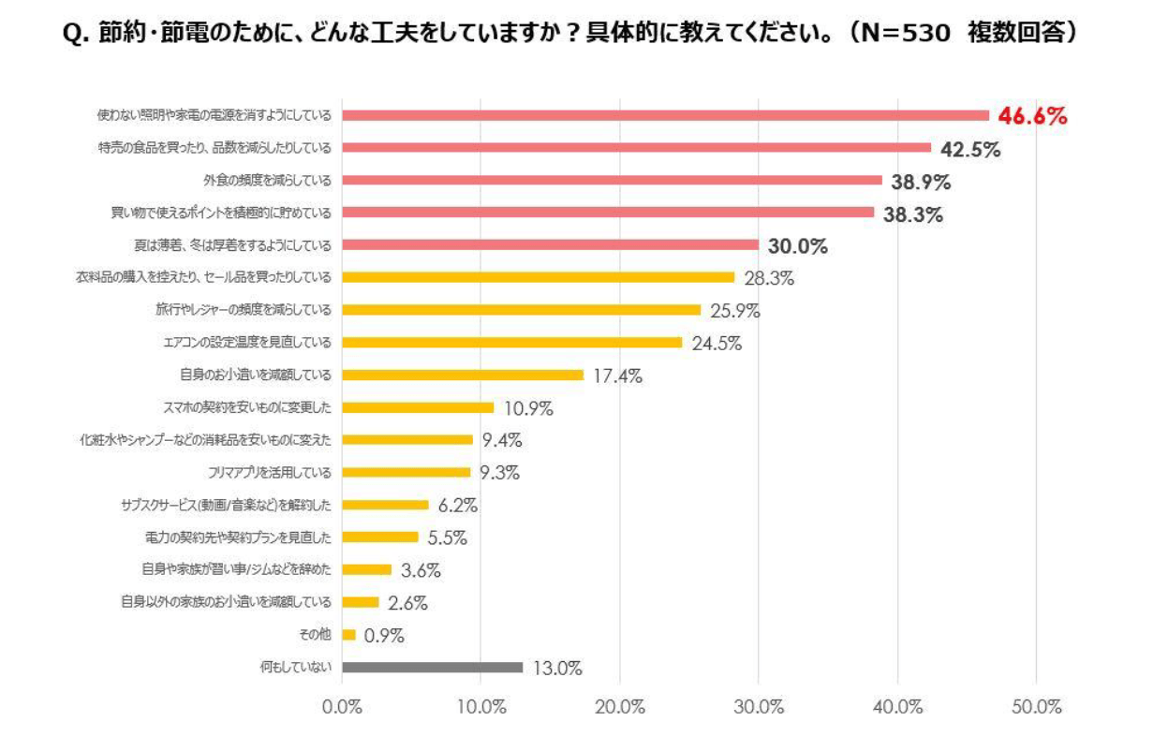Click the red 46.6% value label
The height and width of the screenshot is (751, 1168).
pos(1032,116)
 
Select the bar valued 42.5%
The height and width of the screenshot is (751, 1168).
pos(637,147)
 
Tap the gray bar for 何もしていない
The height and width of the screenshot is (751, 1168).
pos(433,668)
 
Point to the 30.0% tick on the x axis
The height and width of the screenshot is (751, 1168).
pos(759,708)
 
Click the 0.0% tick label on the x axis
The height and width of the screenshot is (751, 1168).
pos(342,708)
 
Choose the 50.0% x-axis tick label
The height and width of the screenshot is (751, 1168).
pos(1036,708)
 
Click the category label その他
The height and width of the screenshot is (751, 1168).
pos(319,635)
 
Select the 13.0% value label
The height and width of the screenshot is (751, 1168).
pos(557,669)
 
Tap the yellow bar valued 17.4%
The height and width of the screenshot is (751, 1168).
pos(463,375)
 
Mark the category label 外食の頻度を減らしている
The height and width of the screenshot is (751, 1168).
pos(268,180)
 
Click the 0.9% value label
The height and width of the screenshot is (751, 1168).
pos(384,636)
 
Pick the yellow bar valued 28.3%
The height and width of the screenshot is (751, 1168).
pos(539,277)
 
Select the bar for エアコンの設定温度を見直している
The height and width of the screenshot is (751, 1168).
pos(512,342)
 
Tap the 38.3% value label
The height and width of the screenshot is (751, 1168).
pos(912,214)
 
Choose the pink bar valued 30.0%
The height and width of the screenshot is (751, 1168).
pos(551,244)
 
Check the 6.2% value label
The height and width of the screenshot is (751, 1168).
pos(458,506)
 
